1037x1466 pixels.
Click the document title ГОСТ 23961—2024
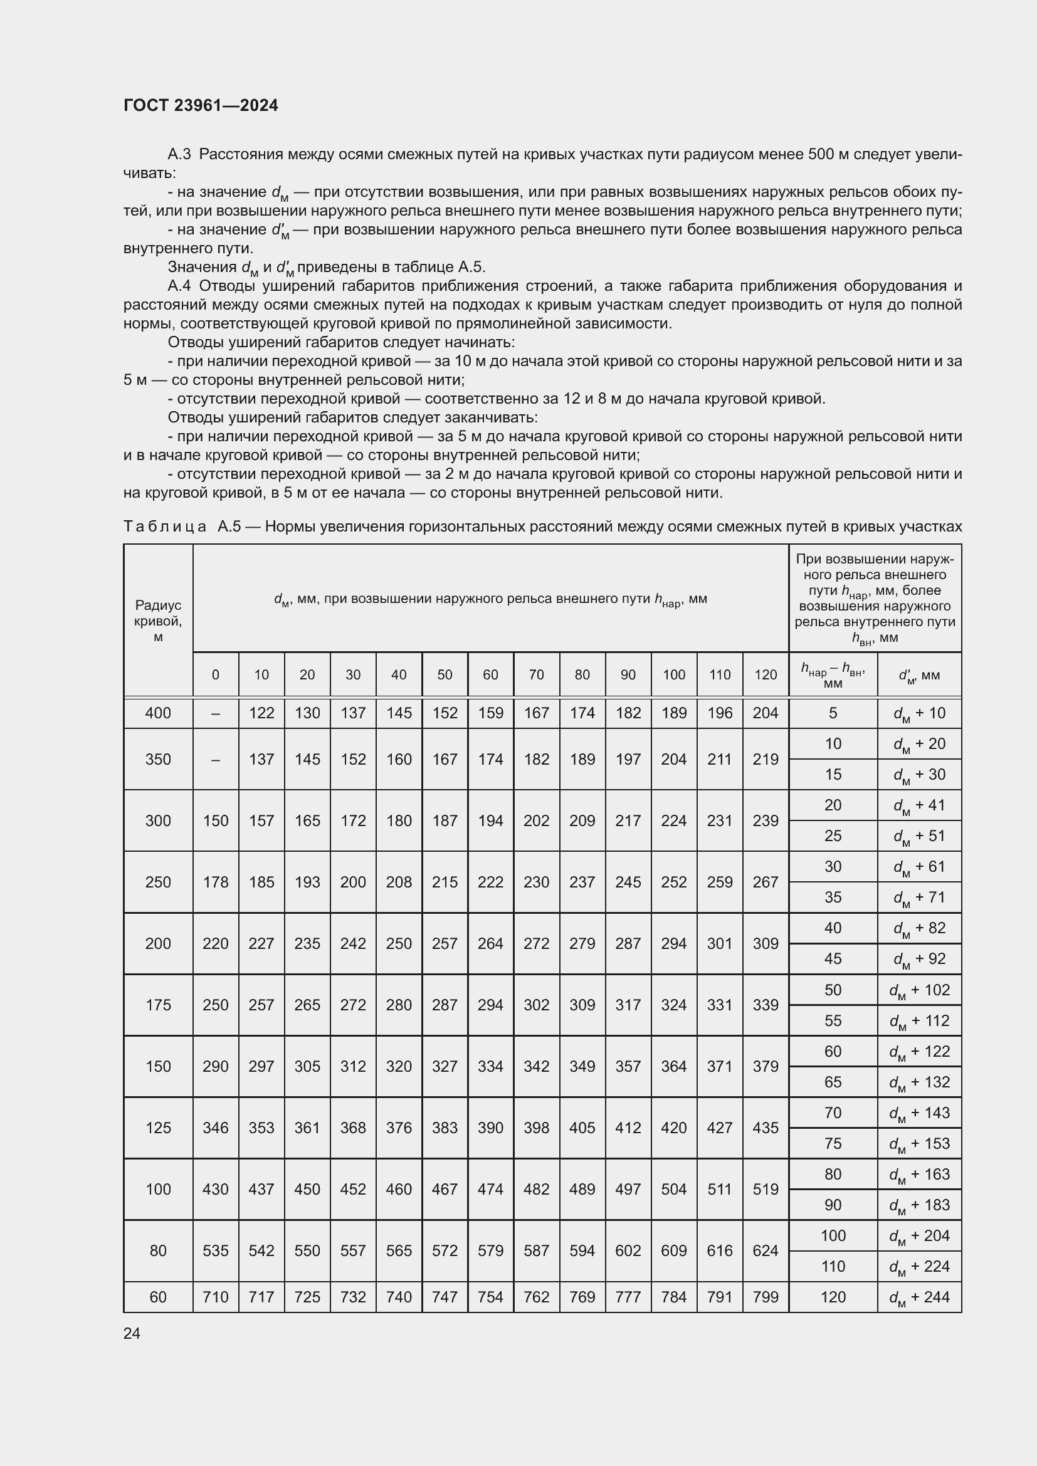click(201, 105)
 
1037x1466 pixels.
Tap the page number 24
click(132, 1333)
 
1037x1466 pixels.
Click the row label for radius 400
click(158, 713)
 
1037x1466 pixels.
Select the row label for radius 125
click(158, 1128)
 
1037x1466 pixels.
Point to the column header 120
click(766, 675)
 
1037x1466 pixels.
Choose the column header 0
click(215, 675)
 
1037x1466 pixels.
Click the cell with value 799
click(766, 1297)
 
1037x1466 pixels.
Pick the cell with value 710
click(215, 1297)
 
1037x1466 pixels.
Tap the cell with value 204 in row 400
click(766, 713)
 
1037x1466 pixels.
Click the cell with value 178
click(215, 882)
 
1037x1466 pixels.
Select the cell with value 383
click(445, 1128)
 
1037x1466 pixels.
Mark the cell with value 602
click(628, 1250)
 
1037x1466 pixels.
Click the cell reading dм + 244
click(920, 1297)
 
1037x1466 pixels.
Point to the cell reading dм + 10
click(920, 714)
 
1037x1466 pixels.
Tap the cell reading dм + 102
click(920, 990)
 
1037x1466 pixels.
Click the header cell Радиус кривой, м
click(158, 620)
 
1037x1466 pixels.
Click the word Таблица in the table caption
click(165, 526)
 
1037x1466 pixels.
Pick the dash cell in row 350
click(215, 759)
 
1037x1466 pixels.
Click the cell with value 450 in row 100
click(307, 1189)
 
